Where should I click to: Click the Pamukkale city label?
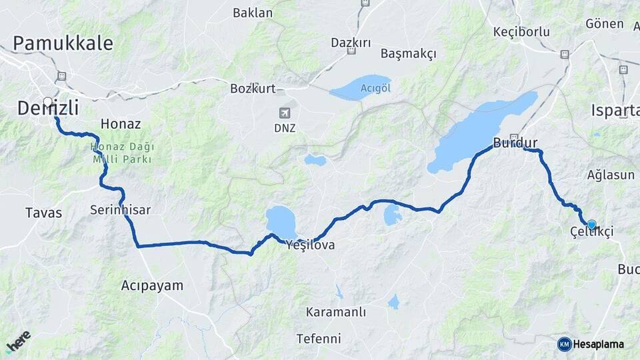coord(63,44)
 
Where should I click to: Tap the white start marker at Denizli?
coord(48,102)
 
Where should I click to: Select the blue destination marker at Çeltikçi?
coord(591,225)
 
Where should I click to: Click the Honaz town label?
coord(120,123)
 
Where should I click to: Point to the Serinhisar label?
coord(120,210)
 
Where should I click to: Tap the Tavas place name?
coord(43,213)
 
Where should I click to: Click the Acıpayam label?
coord(152,285)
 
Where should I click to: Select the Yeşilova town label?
coord(310,245)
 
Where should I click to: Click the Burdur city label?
coord(515,142)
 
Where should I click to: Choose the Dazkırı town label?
coord(351,43)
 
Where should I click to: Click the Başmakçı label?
coord(408,53)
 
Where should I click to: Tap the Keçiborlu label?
coord(521,31)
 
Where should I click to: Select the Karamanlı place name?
coord(336,312)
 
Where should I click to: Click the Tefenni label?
coord(319,338)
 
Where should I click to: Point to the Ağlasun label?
coord(611,175)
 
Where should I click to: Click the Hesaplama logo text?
coord(597,344)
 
